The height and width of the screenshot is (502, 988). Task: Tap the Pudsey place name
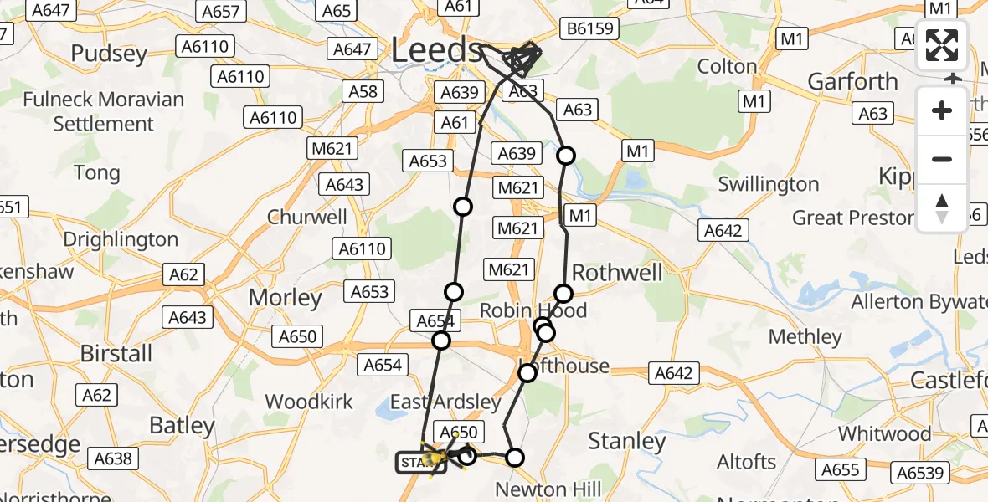(x=109, y=54)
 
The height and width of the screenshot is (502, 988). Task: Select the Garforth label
(x=852, y=81)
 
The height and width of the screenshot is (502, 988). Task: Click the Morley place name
(x=286, y=298)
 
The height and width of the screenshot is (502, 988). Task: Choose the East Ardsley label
(x=445, y=402)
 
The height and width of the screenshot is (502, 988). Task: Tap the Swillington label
(x=769, y=184)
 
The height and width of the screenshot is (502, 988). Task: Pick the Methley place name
(x=805, y=337)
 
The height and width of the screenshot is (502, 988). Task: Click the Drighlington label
(x=121, y=240)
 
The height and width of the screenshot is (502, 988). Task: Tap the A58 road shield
(x=363, y=90)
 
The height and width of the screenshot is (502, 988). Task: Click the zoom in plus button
(x=942, y=110)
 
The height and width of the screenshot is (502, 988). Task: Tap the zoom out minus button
(x=942, y=159)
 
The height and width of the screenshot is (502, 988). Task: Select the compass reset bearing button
(x=942, y=207)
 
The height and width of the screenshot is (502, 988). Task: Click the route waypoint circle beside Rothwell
(x=563, y=294)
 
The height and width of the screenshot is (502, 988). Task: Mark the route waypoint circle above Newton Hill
(x=515, y=457)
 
